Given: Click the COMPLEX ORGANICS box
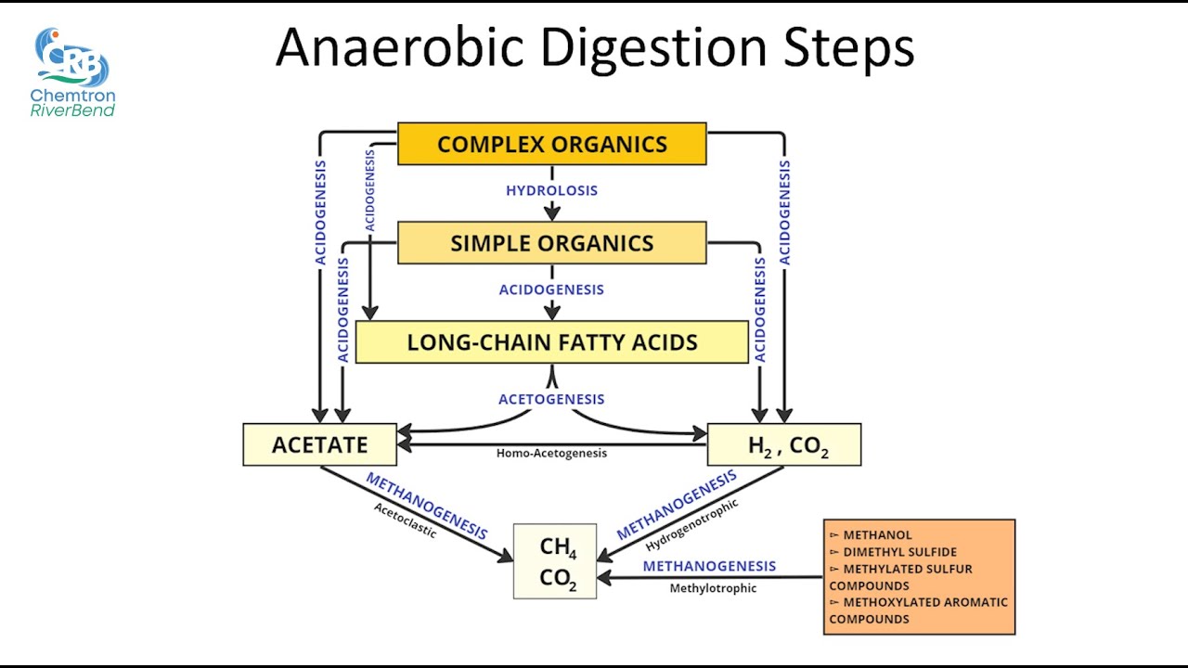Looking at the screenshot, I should pyautogui.click(x=551, y=144).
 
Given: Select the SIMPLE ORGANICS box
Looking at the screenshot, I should pyautogui.click(x=551, y=243).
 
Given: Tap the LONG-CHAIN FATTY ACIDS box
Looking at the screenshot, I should pyautogui.click(x=551, y=342).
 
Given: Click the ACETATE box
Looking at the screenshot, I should pyautogui.click(x=319, y=444).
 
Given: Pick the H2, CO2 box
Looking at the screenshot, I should pyautogui.click(x=784, y=445).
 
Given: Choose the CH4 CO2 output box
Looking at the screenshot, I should pyautogui.click(x=555, y=561).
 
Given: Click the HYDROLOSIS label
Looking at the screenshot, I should pyautogui.click(x=551, y=191).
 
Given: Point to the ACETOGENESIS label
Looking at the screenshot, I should pyautogui.click(x=551, y=399).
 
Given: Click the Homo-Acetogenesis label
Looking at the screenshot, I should pyautogui.click(x=551, y=454).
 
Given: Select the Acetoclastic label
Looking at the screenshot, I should pyautogui.click(x=405, y=521).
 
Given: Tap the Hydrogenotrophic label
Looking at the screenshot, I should pyautogui.click(x=692, y=525).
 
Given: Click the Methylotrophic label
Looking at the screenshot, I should pyautogui.click(x=713, y=588).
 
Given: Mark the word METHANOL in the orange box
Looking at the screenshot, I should pyautogui.click(x=877, y=535).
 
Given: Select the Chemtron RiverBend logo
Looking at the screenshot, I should pyautogui.click(x=72, y=72).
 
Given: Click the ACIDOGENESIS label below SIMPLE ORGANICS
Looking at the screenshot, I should pyautogui.click(x=551, y=290).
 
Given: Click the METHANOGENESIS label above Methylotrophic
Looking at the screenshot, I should pyautogui.click(x=709, y=566).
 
